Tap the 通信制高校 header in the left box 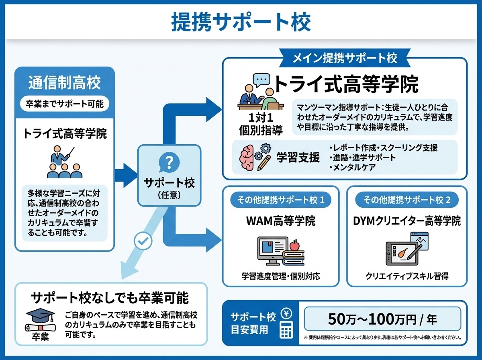click(x=65, y=83)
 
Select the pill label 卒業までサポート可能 click(x=65, y=104)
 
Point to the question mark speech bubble click(x=169, y=163)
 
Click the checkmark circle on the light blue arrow click(x=143, y=241)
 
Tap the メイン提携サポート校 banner click(x=344, y=58)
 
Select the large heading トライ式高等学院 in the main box click(x=345, y=84)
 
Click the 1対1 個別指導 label click(x=261, y=124)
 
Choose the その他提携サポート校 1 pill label click(x=280, y=200)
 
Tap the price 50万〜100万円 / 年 click(x=382, y=319)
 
